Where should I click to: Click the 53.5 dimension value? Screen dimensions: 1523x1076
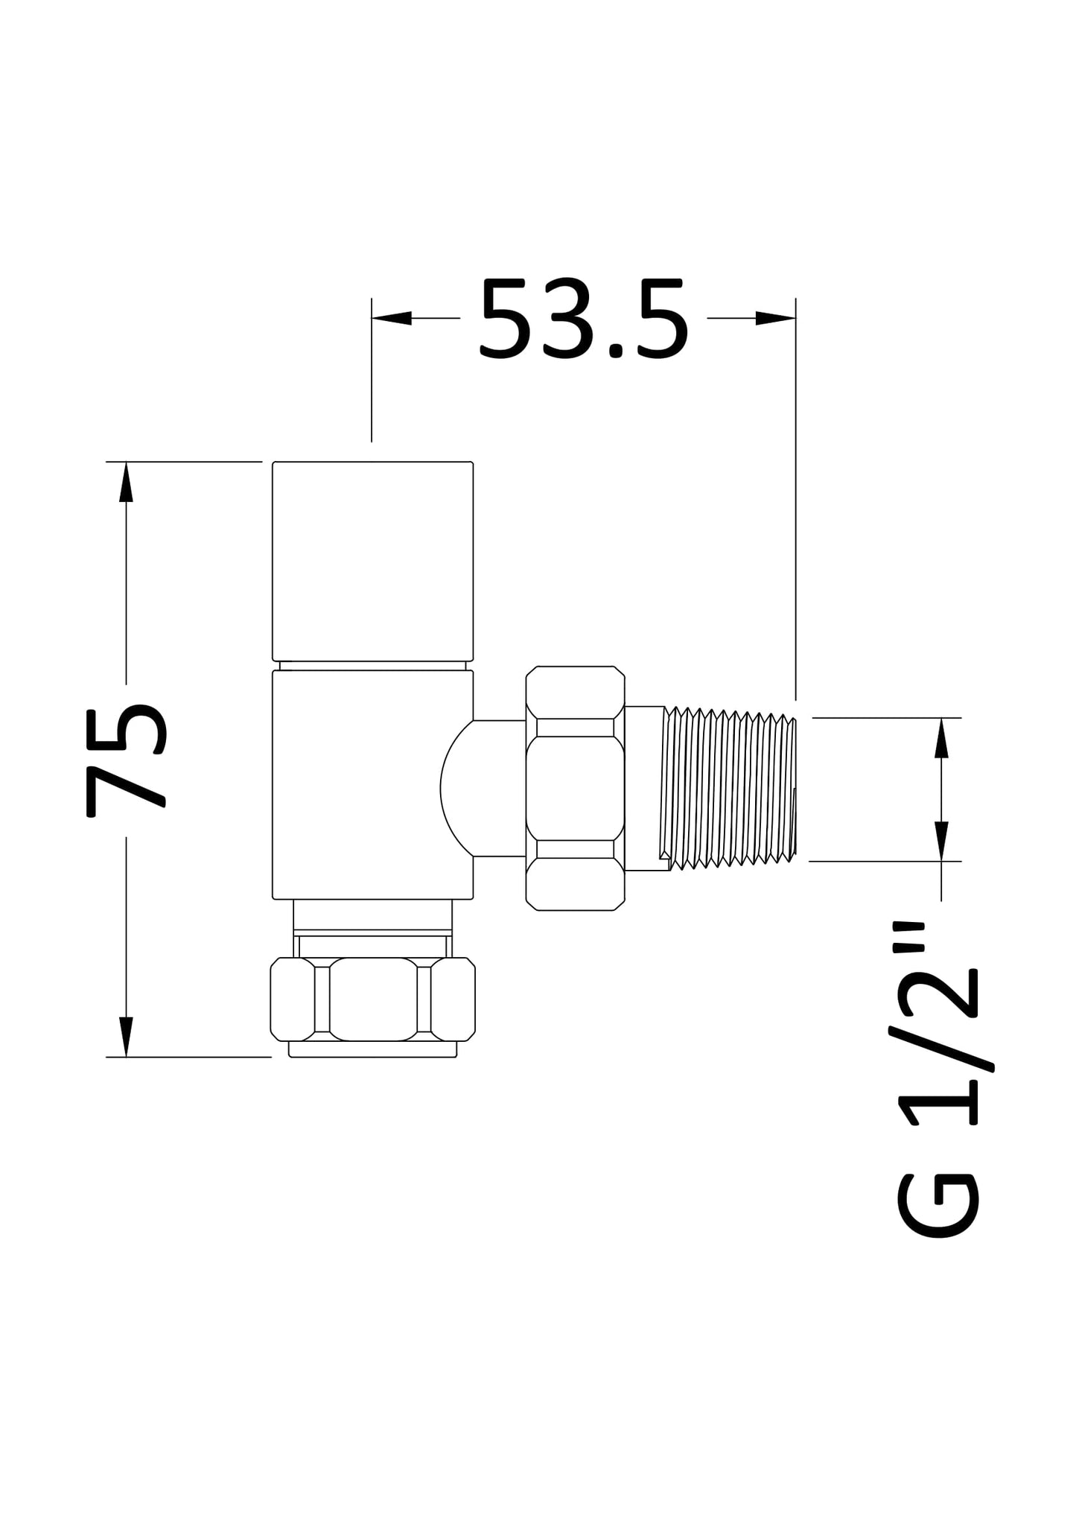tap(583, 319)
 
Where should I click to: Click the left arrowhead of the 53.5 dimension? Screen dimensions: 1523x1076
tap(392, 319)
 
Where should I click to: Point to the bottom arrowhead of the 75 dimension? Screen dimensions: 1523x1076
tap(127, 1036)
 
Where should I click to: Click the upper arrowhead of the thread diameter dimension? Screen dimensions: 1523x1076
tap(941, 738)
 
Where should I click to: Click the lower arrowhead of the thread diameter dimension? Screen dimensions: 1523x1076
tap(941, 841)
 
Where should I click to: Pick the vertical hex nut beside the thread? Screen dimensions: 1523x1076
tap(575, 788)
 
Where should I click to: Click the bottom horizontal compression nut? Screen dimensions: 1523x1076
tap(372, 999)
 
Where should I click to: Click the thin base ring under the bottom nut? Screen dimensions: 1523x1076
tap(372, 1049)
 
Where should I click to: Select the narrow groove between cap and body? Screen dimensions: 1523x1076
tap(372, 665)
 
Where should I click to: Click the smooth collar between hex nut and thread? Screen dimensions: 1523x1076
tap(643, 788)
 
